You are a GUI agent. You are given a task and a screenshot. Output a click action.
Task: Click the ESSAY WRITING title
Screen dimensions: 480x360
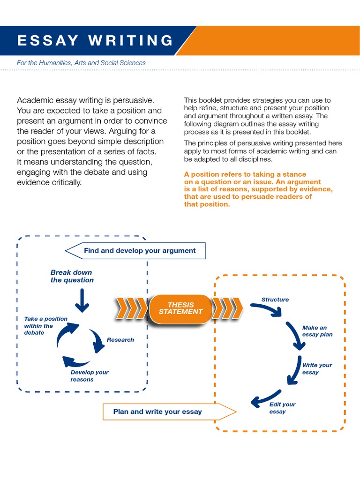click(95, 41)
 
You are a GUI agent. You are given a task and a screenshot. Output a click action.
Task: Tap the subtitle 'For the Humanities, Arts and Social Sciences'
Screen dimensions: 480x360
click(81, 63)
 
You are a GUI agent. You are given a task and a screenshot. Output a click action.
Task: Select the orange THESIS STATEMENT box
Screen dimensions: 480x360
click(180, 308)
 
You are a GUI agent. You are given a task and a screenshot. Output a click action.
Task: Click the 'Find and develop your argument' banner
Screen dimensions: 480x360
click(139, 251)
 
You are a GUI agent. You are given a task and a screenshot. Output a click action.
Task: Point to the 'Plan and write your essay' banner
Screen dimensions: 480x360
click(157, 412)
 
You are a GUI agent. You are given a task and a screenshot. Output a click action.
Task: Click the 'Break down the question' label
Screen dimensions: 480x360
click(72, 277)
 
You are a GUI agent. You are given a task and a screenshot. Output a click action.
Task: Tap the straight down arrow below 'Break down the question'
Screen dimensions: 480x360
click(82, 300)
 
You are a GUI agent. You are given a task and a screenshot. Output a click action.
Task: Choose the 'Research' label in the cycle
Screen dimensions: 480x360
click(120, 340)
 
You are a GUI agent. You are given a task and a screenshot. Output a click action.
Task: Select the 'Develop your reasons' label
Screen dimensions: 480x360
click(89, 376)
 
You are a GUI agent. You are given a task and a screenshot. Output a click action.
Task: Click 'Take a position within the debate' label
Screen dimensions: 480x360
click(45, 326)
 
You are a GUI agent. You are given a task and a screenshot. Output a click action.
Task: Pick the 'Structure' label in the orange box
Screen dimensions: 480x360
click(275, 300)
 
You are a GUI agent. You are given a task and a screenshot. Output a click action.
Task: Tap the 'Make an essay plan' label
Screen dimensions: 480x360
click(317, 331)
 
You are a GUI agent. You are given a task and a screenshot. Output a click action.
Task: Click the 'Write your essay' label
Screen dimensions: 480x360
click(317, 369)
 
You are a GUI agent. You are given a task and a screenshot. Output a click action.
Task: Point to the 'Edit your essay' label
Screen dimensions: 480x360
click(282, 408)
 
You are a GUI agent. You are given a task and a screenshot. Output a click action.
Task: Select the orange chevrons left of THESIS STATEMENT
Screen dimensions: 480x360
click(131, 309)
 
